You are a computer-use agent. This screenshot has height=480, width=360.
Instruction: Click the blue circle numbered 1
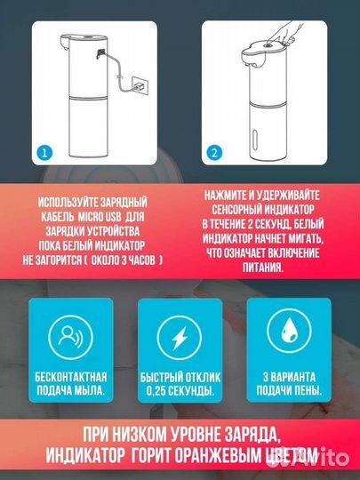point(44,153)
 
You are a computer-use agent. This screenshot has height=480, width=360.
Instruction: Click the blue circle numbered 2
point(214,153)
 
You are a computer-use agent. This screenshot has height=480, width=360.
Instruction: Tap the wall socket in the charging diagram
point(140,86)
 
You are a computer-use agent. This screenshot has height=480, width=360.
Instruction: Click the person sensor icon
point(70,337)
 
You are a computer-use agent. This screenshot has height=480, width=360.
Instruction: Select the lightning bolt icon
point(180,338)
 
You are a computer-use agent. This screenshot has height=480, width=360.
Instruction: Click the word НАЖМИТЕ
point(227,196)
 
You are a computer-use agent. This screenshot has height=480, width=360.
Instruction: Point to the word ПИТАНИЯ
point(263,268)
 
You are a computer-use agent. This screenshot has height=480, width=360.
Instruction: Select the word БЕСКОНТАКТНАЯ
point(71,377)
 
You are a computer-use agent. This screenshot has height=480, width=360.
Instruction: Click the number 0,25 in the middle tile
point(156,391)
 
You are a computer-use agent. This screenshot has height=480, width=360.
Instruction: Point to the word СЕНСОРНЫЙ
point(236,210)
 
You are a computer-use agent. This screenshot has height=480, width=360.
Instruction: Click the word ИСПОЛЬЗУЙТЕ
point(64,203)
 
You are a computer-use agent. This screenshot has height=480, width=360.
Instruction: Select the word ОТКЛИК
point(204,377)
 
